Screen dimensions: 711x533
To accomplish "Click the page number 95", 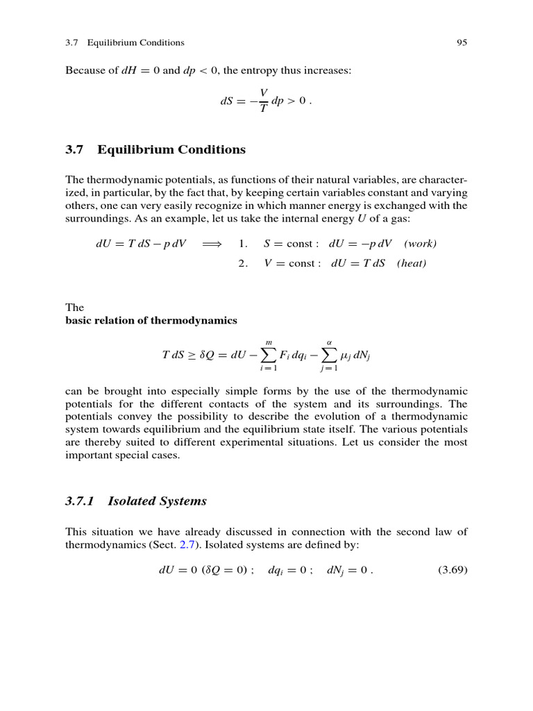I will tap(462, 42).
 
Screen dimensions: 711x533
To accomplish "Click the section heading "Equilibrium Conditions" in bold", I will tap(171, 150).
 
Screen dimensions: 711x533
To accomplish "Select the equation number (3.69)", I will tap(452, 571).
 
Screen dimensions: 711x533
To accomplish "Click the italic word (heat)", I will tap(412, 263).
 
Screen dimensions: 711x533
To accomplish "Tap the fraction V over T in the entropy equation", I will tap(263, 102).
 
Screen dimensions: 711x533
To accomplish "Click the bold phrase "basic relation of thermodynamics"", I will tap(151, 321).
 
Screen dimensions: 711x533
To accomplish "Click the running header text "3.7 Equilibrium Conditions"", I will tap(125, 42).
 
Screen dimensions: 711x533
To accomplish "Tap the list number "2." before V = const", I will tap(243, 263).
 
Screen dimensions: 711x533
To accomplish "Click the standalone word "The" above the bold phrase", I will tap(74, 307).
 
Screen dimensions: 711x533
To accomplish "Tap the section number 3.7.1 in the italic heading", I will tap(83, 501).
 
